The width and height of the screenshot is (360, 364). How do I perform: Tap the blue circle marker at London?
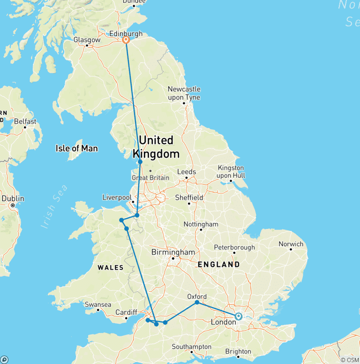[x=239, y=316]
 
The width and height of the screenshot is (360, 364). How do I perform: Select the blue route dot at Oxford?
[x=197, y=303]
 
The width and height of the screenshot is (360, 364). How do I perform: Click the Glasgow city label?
[x=87, y=40]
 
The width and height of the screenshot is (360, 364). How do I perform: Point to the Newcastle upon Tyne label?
[x=184, y=93]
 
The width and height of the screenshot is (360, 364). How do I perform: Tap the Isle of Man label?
[x=76, y=148]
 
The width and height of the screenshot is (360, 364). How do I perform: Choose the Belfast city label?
[x=25, y=121]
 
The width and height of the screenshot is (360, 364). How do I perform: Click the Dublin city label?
[x=13, y=198]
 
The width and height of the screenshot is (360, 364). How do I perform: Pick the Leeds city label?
[x=186, y=172]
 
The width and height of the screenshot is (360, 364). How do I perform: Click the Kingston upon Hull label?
[x=231, y=172]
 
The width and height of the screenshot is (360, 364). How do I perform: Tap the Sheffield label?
[x=189, y=197]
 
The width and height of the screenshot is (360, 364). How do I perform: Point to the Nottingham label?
[x=201, y=224]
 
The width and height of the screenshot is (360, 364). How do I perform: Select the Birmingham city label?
[x=173, y=252]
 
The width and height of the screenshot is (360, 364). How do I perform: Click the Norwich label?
[x=291, y=244]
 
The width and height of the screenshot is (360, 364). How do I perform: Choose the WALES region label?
[x=110, y=268]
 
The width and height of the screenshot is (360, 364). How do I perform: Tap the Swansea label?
[x=98, y=304]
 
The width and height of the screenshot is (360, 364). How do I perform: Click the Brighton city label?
[x=238, y=351]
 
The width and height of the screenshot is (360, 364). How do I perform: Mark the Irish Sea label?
[x=54, y=207]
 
